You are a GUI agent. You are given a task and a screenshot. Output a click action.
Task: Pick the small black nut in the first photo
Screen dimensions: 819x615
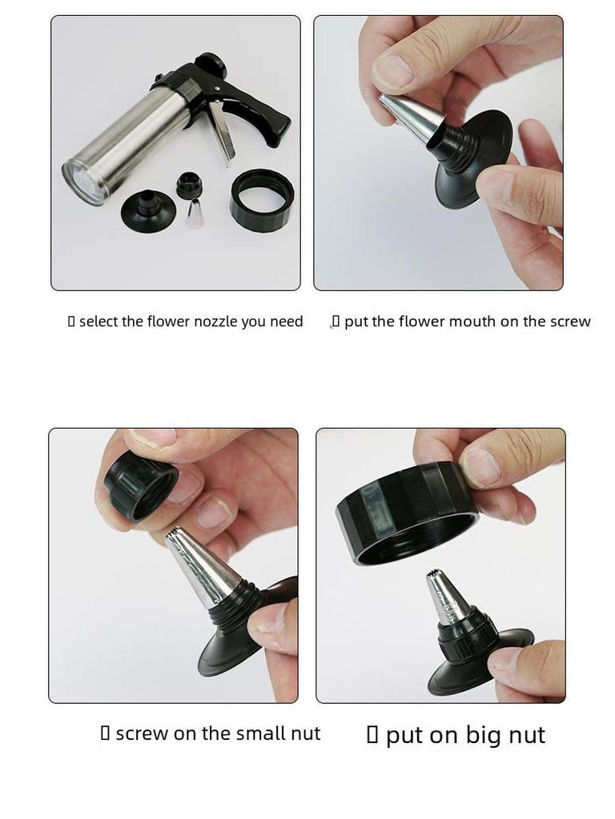pos(190,185)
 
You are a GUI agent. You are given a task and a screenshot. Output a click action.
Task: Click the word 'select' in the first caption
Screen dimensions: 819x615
pos(98,322)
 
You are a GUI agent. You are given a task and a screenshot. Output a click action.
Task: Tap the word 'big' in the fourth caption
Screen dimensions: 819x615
pos(478,736)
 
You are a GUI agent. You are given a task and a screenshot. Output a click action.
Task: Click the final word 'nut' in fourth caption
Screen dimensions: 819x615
pos(527,736)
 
